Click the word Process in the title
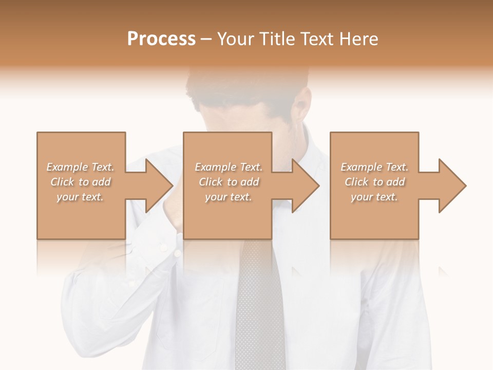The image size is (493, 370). click(x=161, y=39)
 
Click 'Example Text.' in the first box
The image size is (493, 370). click(x=80, y=167)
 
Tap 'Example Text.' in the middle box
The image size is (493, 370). click(x=229, y=167)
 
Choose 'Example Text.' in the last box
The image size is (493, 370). click(x=374, y=167)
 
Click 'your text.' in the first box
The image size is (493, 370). click(x=80, y=197)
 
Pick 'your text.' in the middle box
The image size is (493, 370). click(x=229, y=197)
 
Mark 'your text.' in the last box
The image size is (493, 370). click(x=374, y=197)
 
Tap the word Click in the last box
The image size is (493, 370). click(x=357, y=182)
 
